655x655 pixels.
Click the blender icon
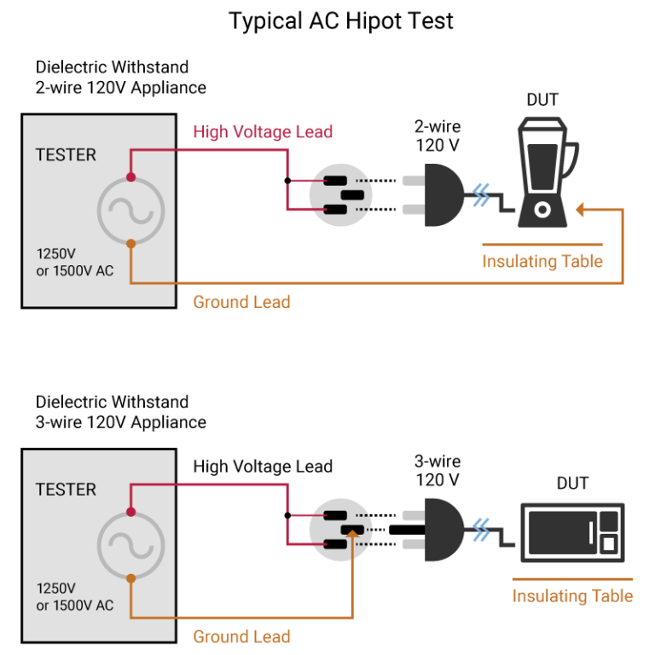click(x=543, y=175)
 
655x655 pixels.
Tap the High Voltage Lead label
click(x=263, y=132)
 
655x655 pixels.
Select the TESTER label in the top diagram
click(x=66, y=155)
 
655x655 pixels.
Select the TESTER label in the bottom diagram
click(x=66, y=490)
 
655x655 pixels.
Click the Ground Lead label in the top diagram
click(x=241, y=302)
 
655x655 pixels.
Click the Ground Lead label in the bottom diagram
click(x=241, y=636)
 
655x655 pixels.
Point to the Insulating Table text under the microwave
click(x=572, y=596)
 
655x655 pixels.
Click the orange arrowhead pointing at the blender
click(x=580, y=209)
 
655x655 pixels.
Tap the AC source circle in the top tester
click(x=130, y=210)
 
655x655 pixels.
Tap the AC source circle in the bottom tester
click(x=130, y=545)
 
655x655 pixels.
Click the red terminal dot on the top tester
click(x=130, y=177)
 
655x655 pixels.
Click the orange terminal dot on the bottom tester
click(x=130, y=578)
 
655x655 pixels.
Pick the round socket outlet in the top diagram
click(x=340, y=195)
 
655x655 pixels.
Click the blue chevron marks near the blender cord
click(x=483, y=195)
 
